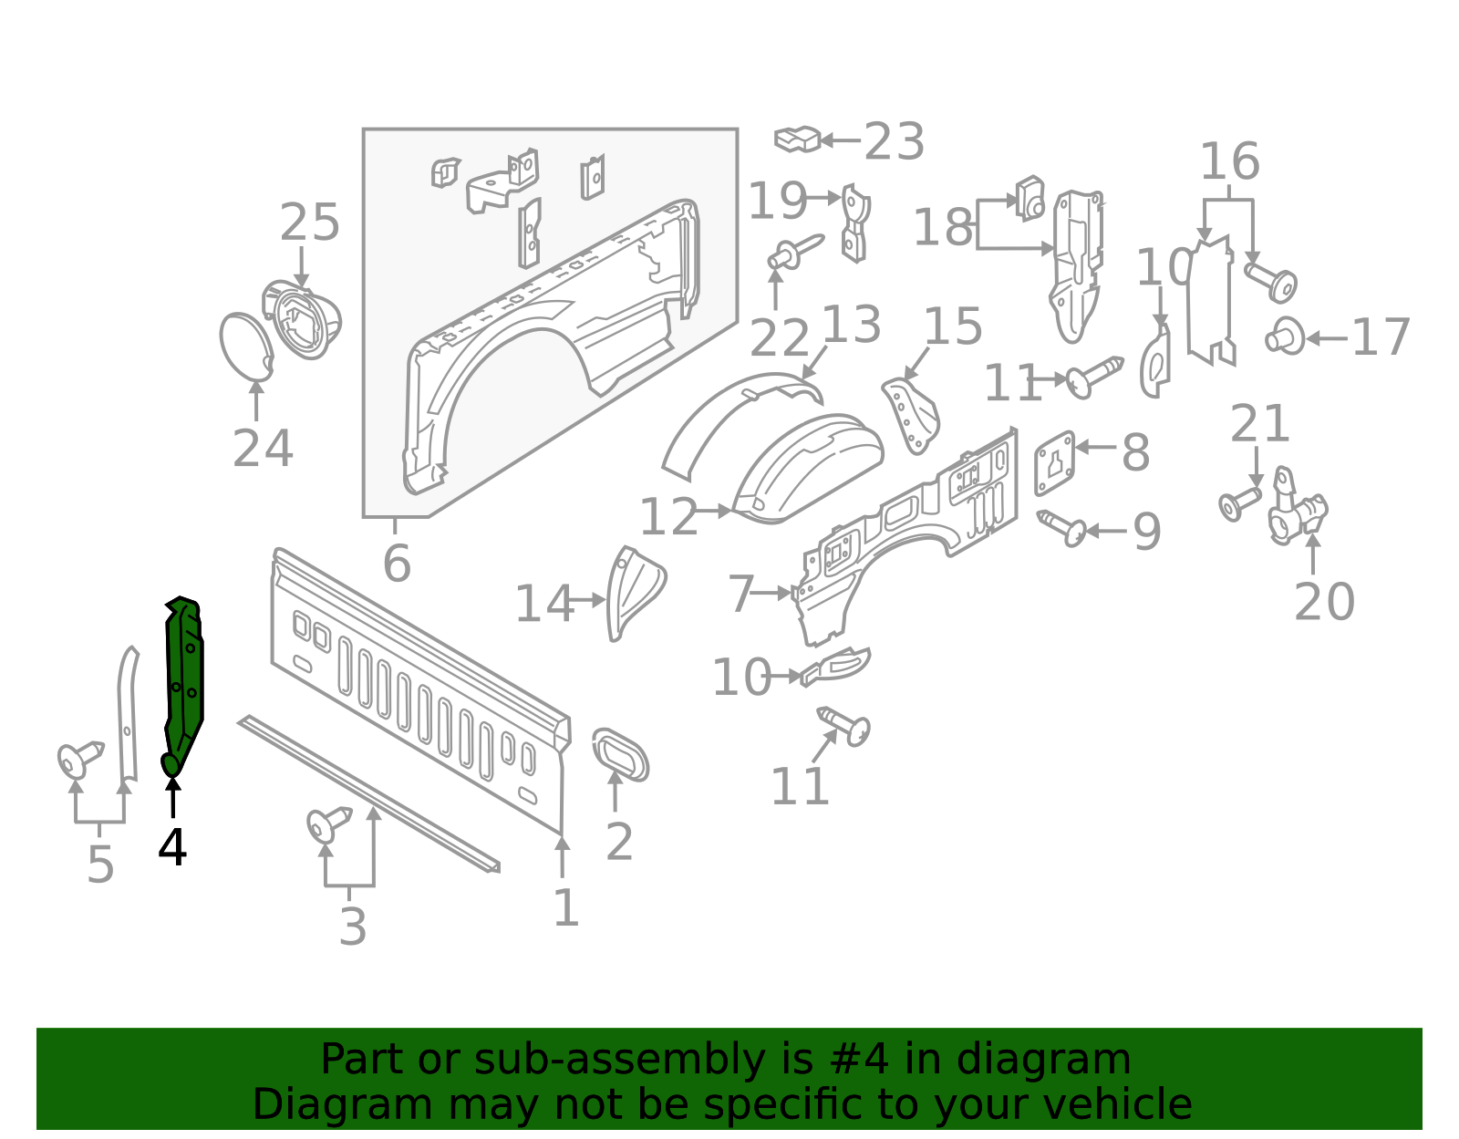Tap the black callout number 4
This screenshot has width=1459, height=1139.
pyautogui.click(x=172, y=848)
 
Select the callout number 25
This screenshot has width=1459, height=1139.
pyautogui.click(x=310, y=223)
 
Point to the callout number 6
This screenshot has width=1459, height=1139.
pyautogui.click(x=397, y=564)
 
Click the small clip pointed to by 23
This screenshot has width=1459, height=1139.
pyautogui.click(x=797, y=140)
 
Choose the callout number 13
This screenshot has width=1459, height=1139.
pyautogui.click(x=852, y=325)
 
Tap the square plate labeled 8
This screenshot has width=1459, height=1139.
pyautogui.click(x=1055, y=462)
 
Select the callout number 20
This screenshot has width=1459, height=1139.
pyautogui.click(x=1324, y=602)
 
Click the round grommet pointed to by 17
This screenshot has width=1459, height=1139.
pyautogui.click(x=1285, y=337)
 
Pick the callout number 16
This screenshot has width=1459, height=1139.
pyautogui.click(x=1229, y=162)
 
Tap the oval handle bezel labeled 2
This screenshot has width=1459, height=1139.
pyautogui.click(x=620, y=755)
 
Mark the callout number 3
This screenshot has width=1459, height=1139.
pyautogui.click(x=353, y=927)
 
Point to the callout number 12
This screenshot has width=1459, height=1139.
pyautogui.click(x=668, y=518)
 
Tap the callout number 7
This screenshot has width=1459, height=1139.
pyautogui.click(x=740, y=595)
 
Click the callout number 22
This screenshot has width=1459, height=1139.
pyautogui.click(x=779, y=339)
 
